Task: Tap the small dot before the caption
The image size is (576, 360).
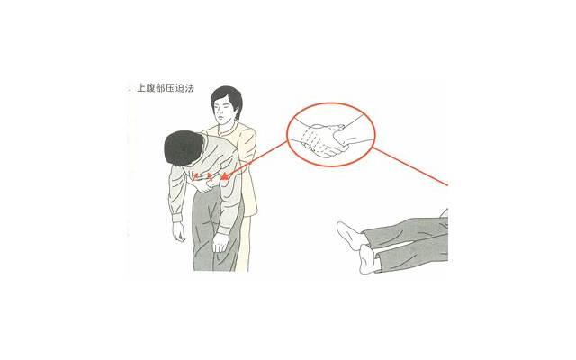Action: tap(129, 92)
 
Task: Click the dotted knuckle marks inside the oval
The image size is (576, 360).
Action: tap(315, 139)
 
